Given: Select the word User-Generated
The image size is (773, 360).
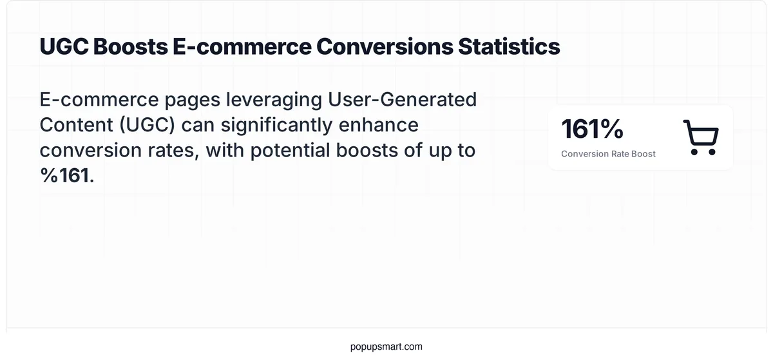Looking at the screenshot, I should coord(404,100).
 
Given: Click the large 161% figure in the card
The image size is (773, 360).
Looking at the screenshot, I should coord(592,129).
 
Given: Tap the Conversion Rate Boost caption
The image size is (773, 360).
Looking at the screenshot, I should coord(608,154).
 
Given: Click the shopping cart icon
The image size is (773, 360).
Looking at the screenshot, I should coord(701,137).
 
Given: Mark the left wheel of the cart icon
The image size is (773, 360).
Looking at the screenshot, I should coord(694,152).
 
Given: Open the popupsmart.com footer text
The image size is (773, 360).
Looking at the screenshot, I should coord(386,346).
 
